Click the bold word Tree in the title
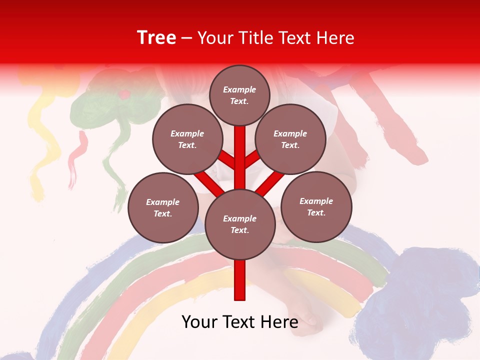point(156,38)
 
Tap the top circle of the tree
point(239,95)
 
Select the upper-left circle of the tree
point(187,139)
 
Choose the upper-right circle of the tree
point(290,139)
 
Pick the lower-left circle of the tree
point(163,207)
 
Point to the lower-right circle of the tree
point(316,206)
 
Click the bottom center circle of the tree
point(240,224)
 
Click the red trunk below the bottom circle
point(240,280)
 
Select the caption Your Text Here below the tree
point(240,322)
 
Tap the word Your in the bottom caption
point(199,322)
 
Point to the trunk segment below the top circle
point(240,150)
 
